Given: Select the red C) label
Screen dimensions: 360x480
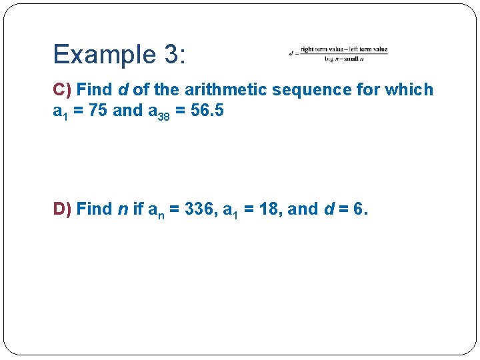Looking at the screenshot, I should pos(63,89).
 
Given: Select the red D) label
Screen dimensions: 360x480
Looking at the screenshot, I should pos(63,209).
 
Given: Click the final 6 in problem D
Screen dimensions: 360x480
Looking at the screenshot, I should pos(359,209).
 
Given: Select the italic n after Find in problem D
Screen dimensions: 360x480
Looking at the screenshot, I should pos(122,209).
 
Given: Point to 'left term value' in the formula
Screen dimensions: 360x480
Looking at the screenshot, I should pos(367,49).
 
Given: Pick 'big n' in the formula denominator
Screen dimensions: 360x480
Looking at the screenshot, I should pos(333,59).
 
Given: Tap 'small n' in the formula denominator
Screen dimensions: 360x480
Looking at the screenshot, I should pos(352,59).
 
